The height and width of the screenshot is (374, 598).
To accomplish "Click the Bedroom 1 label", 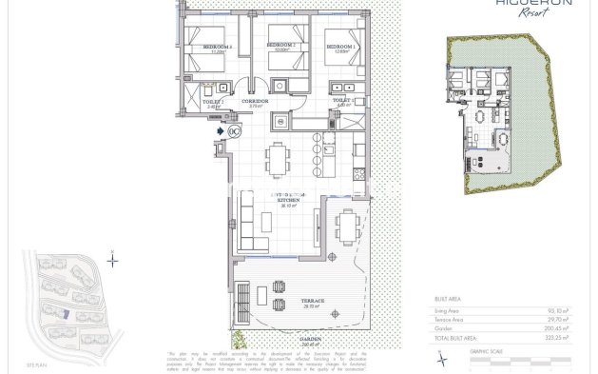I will point(339,45).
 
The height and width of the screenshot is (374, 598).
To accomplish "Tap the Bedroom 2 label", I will point(280,45).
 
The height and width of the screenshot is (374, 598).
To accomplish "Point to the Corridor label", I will point(255,99).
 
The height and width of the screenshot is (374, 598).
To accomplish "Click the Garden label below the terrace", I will point(307,339).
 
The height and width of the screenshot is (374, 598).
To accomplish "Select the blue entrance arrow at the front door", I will point(221,132).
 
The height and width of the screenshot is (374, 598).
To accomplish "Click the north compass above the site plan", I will point(113,260).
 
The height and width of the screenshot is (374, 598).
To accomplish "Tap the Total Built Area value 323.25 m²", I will point(560,337).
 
